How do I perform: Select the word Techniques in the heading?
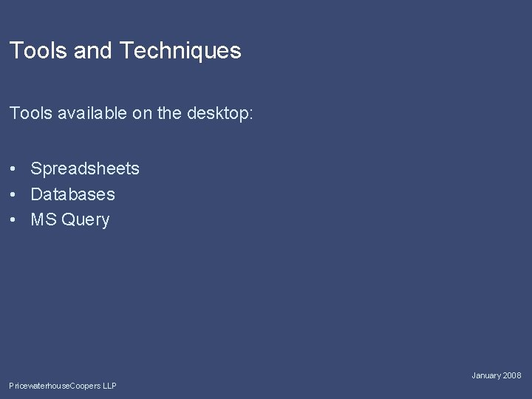point(180,51)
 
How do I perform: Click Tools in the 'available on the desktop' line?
point(29,114)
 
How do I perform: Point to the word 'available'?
point(87,114)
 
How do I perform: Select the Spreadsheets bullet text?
point(85,169)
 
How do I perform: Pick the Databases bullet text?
point(72,194)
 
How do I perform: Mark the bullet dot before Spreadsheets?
point(14,169)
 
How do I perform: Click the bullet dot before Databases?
point(14,194)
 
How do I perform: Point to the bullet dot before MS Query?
point(14,219)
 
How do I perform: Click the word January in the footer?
point(487,376)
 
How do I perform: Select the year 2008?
point(512,376)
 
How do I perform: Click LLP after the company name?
point(109,386)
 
